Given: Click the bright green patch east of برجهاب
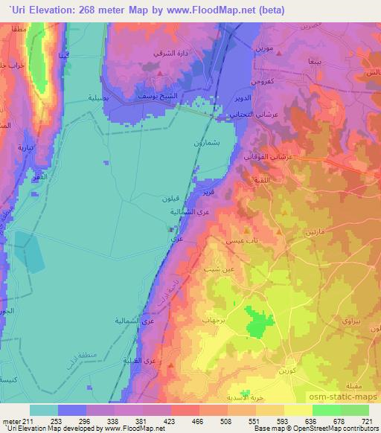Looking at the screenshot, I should [257, 324].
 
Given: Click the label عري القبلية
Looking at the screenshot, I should [159, 360].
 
